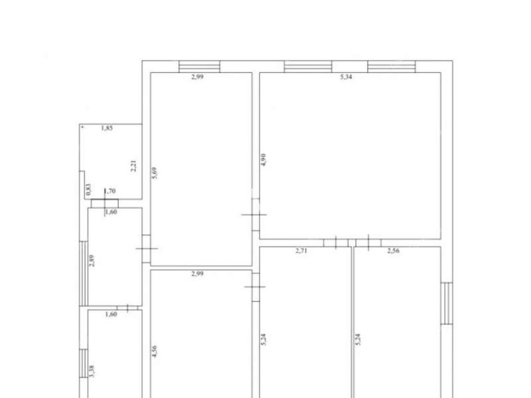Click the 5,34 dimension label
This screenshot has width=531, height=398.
pyautogui.click(x=346, y=77)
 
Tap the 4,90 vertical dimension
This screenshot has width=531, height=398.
pyautogui.click(x=264, y=159)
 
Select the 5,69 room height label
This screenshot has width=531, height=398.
pyautogui.click(x=154, y=173)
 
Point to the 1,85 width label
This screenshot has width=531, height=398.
pyautogui.click(x=107, y=128)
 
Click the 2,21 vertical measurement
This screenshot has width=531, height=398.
pyautogui.click(x=133, y=165)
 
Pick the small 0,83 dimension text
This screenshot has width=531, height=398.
pyautogui.click(x=88, y=190)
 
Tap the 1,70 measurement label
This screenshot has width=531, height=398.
pyautogui.click(x=110, y=191)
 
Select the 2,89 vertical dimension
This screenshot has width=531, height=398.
pyautogui.click(x=92, y=261)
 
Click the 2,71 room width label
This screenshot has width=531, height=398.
pyautogui.click(x=301, y=251)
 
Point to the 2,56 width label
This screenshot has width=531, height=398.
pyautogui.click(x=393, y=251)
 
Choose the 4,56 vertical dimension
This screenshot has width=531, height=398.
pyautogui.click(x=154, y=352)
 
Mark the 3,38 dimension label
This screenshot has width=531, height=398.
pyautogui.click(x=92, y=371)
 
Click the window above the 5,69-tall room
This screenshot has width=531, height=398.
pyautogui.click(x=200, y=66)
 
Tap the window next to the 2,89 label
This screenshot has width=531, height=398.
pyautogui.click(x=84, y=273)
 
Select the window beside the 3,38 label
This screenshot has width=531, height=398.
pyautogui.click(x=84, y=363)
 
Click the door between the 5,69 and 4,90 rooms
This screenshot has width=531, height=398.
pyautogui.click(x=256, y=214)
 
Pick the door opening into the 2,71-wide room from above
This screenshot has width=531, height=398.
pyautogui.click(x=336, y=243)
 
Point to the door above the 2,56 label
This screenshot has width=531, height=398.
pyautogui.click(x=368, y=243)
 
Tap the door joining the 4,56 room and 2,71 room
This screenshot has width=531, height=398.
pyautogui.click(x=256, y=287)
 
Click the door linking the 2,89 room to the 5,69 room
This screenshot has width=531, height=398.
pyautogui.click(x=146, y=249)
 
